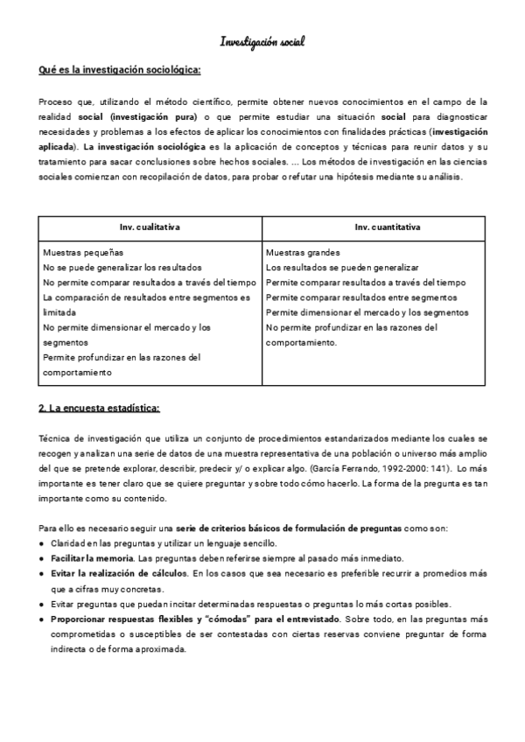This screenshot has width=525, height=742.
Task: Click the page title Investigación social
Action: pos(262,41)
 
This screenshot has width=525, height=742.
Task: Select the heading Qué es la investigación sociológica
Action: pos(121,70)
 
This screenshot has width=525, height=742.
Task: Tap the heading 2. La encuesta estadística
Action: pos(99,408)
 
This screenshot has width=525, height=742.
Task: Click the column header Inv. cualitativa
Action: pos(150,227)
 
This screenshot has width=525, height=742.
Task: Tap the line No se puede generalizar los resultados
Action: pos(122,267)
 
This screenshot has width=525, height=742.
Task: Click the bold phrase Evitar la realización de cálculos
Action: pos(119,573)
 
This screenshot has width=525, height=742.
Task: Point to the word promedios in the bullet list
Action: pos(447,573)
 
